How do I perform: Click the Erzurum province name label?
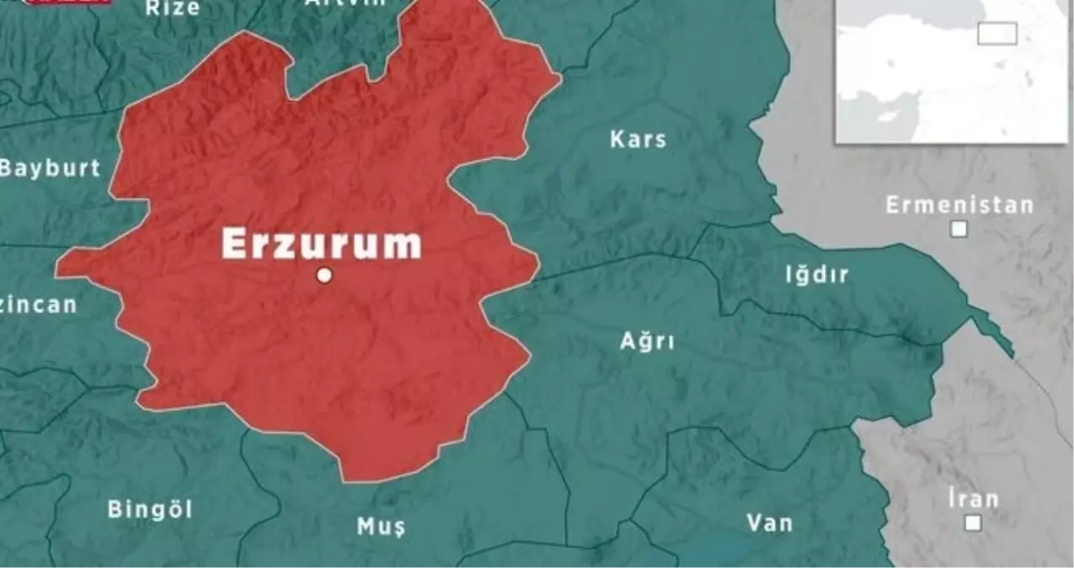(321, 243)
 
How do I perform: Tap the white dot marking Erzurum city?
(323, 275)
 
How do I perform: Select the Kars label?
(638, 140)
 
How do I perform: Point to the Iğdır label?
(816, 274)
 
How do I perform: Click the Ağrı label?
(647, 342)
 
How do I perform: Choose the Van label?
(769, 523)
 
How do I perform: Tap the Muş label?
(381, 528)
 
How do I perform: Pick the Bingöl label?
(150, 509)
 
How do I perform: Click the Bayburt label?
(51, 167)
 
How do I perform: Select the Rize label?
(173, 8)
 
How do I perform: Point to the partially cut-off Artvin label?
(345, 3)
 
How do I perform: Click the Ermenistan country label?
(959, 205)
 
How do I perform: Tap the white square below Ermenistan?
(959, 229)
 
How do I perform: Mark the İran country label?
(972, 498)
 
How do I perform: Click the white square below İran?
(973, 523)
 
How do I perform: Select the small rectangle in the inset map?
(997, 34)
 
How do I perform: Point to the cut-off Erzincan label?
(38, 305)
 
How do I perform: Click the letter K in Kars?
(617, 140)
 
